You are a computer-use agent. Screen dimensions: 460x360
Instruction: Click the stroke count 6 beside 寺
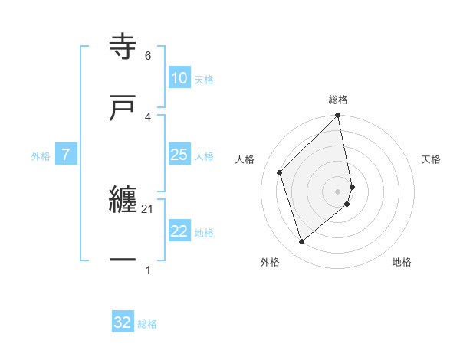[x=148, y=55]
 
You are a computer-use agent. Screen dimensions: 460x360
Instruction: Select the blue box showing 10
[x=179, y=78]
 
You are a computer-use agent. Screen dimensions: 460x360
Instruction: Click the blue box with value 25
[x=179, y=155]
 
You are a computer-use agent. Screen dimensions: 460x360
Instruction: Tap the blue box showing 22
[x=179, y=232]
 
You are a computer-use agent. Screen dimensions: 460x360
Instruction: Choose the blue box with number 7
[x=66, y=155]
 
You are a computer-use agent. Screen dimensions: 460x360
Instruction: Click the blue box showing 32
[x=123, y=322]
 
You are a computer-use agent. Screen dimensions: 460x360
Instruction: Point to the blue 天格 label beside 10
[x=203, y=79]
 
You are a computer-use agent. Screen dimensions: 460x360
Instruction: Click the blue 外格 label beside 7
[x=41, y=155]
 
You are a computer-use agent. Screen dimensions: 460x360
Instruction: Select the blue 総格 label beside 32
[x=147, y=323]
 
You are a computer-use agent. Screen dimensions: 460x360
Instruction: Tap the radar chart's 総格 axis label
[x=338, y=100]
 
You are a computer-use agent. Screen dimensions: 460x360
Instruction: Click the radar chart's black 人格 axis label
[x=245, y=159]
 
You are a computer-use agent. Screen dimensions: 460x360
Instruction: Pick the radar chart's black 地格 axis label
[x=402, y=262]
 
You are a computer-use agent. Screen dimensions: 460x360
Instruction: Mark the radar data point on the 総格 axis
[x=338, y=116]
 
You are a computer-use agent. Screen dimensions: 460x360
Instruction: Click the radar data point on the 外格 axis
[x=301, y=242]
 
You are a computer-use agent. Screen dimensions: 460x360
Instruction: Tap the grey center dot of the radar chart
[x=338, y=191]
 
